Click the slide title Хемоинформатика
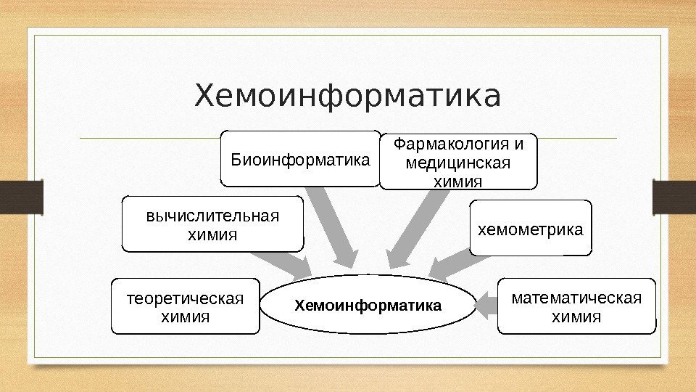pyautogui.click(x=347, y=97)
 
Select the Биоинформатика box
pyautogui.click(x=300, y=158)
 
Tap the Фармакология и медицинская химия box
pyautogui.click(x=459, y=161)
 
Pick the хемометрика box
pyautogui.click(x=530, y=229)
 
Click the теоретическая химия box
pyautogui.click(x=186, y=306)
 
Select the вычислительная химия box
pyautogui.click(x=212, y=224)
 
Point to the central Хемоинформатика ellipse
pyautogui.click(x=368, y=305)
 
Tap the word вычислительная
pyautogui.click(x=212, y=216)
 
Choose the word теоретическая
pyautogui.click(x=186, y=298)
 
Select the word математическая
pyautogui.click(x=576, y=298)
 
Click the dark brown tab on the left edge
pyautogui.click(x=21, y=197)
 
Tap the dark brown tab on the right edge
pyautogui.click(x=674, y=197)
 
